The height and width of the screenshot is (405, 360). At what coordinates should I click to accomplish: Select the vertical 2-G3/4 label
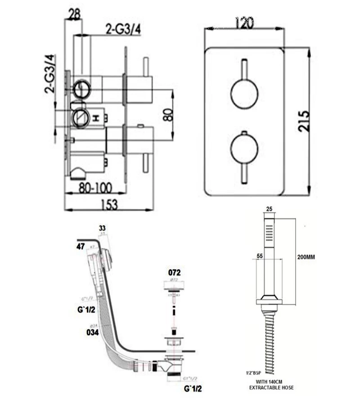tap(50, 74)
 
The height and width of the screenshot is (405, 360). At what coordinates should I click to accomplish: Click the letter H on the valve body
tap(96, 118)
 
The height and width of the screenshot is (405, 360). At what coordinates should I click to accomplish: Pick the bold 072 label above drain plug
tap(175, 273)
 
